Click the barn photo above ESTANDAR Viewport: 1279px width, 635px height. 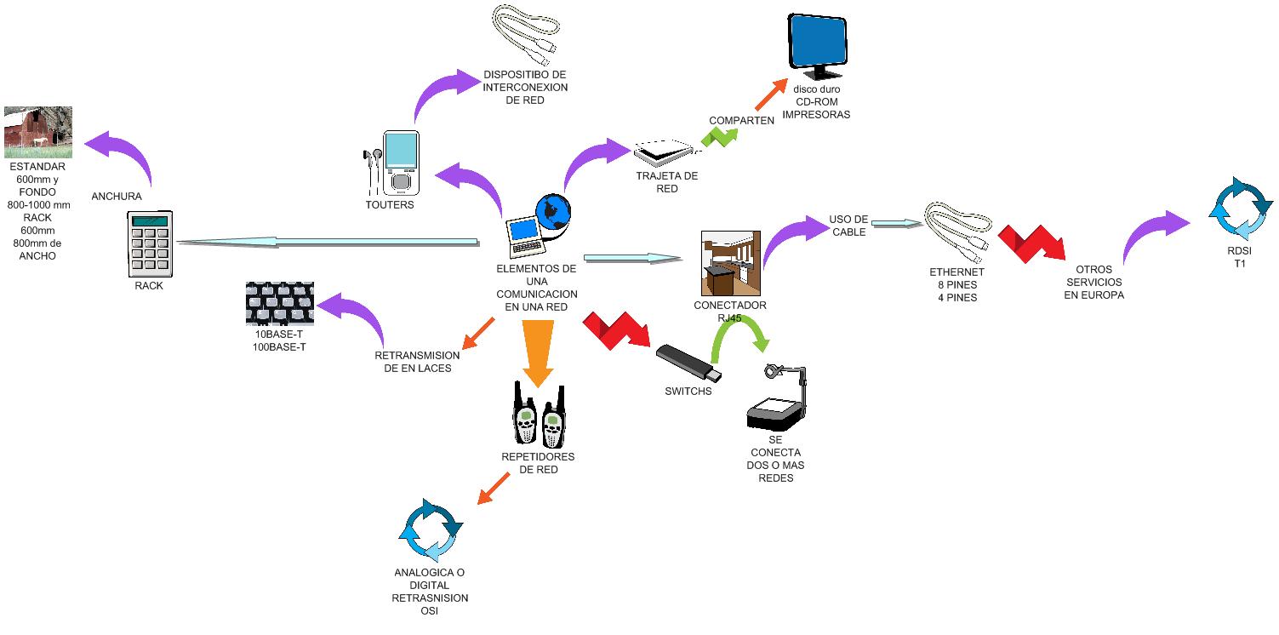pyautogui.click(x=37, y=132)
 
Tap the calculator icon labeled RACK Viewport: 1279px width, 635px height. pyautogui.click(x=148, y=243)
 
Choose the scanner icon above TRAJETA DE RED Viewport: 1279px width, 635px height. pyautogui.click(x=665, y=153)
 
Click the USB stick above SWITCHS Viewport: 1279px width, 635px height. pyautogui.click(x=689, y=363)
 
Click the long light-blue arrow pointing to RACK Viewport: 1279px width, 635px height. pyautogui.click(x=328, y=243)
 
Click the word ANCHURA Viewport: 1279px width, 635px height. pyautogui.click(x=117, y=197)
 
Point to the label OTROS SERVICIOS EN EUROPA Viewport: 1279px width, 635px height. pyautogui.click(x=1093, y=282)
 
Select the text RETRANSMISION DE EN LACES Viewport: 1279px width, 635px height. pyautogui.click(x=417, y=362)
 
